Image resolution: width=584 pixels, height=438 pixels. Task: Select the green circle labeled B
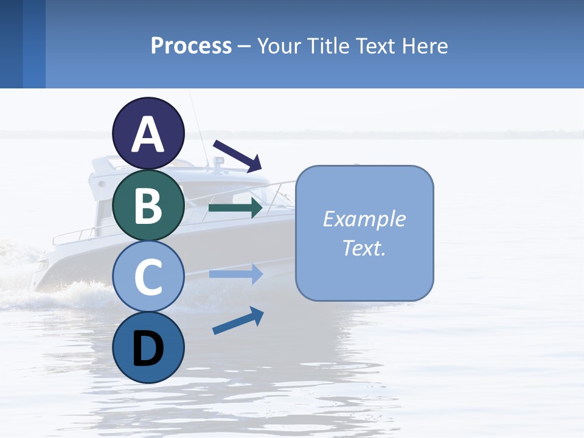click(148, 205)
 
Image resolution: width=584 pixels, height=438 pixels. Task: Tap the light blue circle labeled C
click(148, 277)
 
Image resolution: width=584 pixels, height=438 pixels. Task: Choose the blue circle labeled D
click(148, 347)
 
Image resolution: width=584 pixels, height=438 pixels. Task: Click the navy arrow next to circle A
click(237, 155)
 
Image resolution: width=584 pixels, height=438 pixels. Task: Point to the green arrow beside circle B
click(235, 207)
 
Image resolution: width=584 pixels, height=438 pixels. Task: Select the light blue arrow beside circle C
click(235, 274)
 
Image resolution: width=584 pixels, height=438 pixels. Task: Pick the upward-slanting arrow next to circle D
click(238, 320)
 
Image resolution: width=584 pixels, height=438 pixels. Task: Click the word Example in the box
click(364, 219)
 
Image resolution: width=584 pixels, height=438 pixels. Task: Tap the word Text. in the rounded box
click(364, 248)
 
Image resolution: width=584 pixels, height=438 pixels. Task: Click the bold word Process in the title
click(191, 46)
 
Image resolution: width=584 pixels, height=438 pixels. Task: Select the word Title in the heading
click(325, 46)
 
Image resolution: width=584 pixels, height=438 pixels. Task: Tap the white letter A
click(148, 134)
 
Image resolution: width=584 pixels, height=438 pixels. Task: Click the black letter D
click(148, 349)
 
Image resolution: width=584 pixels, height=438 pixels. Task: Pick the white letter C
click(148, 277)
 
